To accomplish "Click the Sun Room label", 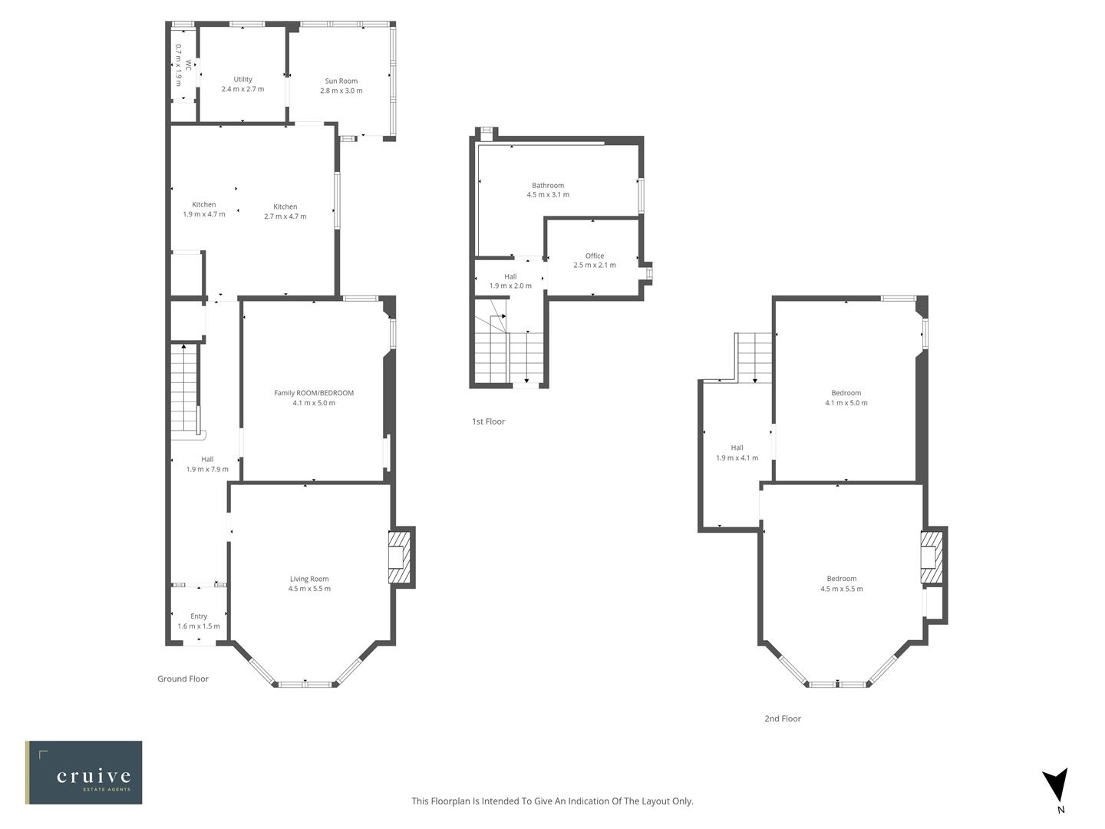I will click(341, 81).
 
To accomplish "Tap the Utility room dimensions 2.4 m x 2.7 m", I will click(242, 89).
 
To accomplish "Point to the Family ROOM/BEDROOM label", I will click(314, 393).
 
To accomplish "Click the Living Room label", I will click(309, 579).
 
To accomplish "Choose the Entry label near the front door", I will click(199, 616).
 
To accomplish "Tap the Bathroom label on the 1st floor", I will click(548, 185).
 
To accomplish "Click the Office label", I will click(594, 256).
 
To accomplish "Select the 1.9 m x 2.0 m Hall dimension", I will click(510, 286).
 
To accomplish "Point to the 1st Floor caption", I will click(488, 421).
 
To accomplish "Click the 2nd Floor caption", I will click(782, 718).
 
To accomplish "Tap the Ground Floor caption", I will click(183, 679).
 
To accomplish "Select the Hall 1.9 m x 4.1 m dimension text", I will click(737, 457).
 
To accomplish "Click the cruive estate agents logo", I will click(84, 772).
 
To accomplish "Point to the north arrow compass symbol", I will click(1056, 785).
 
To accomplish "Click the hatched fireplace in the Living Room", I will click(398, 557).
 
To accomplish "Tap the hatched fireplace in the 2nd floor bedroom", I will click(931, 557).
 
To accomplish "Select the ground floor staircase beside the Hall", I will click(183, 388).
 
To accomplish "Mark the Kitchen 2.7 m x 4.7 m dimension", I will click(285, 216).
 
